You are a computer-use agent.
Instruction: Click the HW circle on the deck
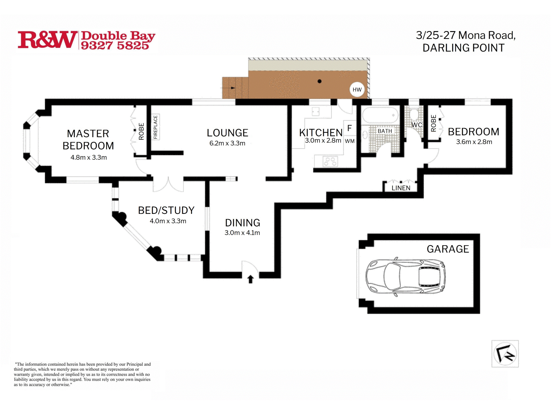pos(357,89)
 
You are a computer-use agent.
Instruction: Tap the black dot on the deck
pos(320,81)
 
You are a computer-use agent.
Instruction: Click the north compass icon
pos(505,354)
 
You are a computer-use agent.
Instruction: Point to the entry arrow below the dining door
pos(250,279)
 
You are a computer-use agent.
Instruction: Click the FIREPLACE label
pos(155,127)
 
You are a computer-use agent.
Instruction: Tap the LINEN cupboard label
pos(401,188)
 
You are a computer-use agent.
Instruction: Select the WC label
pos(417,125)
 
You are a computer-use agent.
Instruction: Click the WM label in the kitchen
pos(350,141)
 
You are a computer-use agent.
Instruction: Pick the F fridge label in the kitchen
pos(349,128)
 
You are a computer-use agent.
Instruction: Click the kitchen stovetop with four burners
pos(330,161)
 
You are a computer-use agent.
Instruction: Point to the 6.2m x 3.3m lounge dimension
pos(227,143)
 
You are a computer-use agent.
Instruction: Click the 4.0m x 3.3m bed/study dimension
pos(168,221)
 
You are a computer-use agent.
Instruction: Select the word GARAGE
pos(448,249)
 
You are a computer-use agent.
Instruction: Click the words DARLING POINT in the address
pos(463,48)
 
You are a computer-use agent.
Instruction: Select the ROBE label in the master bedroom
pos(141,131)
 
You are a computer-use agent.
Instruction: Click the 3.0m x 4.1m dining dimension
pos(242,233)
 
